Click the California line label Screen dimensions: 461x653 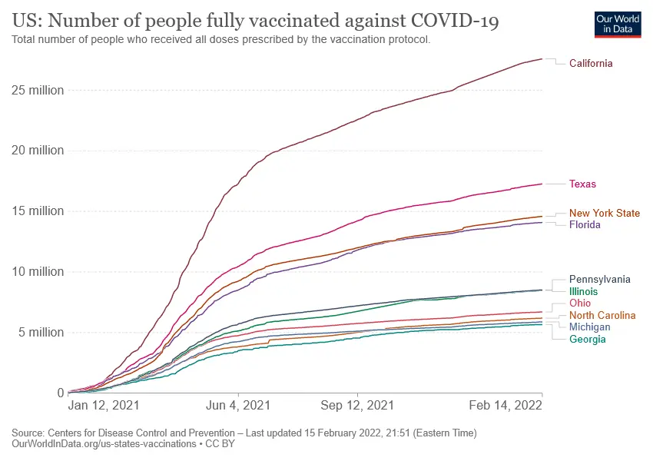591,63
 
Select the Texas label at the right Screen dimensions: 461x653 582,184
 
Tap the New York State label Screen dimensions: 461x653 604,213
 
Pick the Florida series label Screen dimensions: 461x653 585,225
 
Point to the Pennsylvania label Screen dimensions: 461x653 599,280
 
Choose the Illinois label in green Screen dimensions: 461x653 583,292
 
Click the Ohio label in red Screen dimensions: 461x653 580,303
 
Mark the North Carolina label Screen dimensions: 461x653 602,315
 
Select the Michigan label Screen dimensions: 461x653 590,327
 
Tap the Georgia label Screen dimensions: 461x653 588,339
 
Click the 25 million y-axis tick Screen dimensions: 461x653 38,90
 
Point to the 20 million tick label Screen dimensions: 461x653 38,151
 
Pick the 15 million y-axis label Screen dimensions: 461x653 38,211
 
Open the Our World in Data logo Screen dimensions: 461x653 618,24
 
